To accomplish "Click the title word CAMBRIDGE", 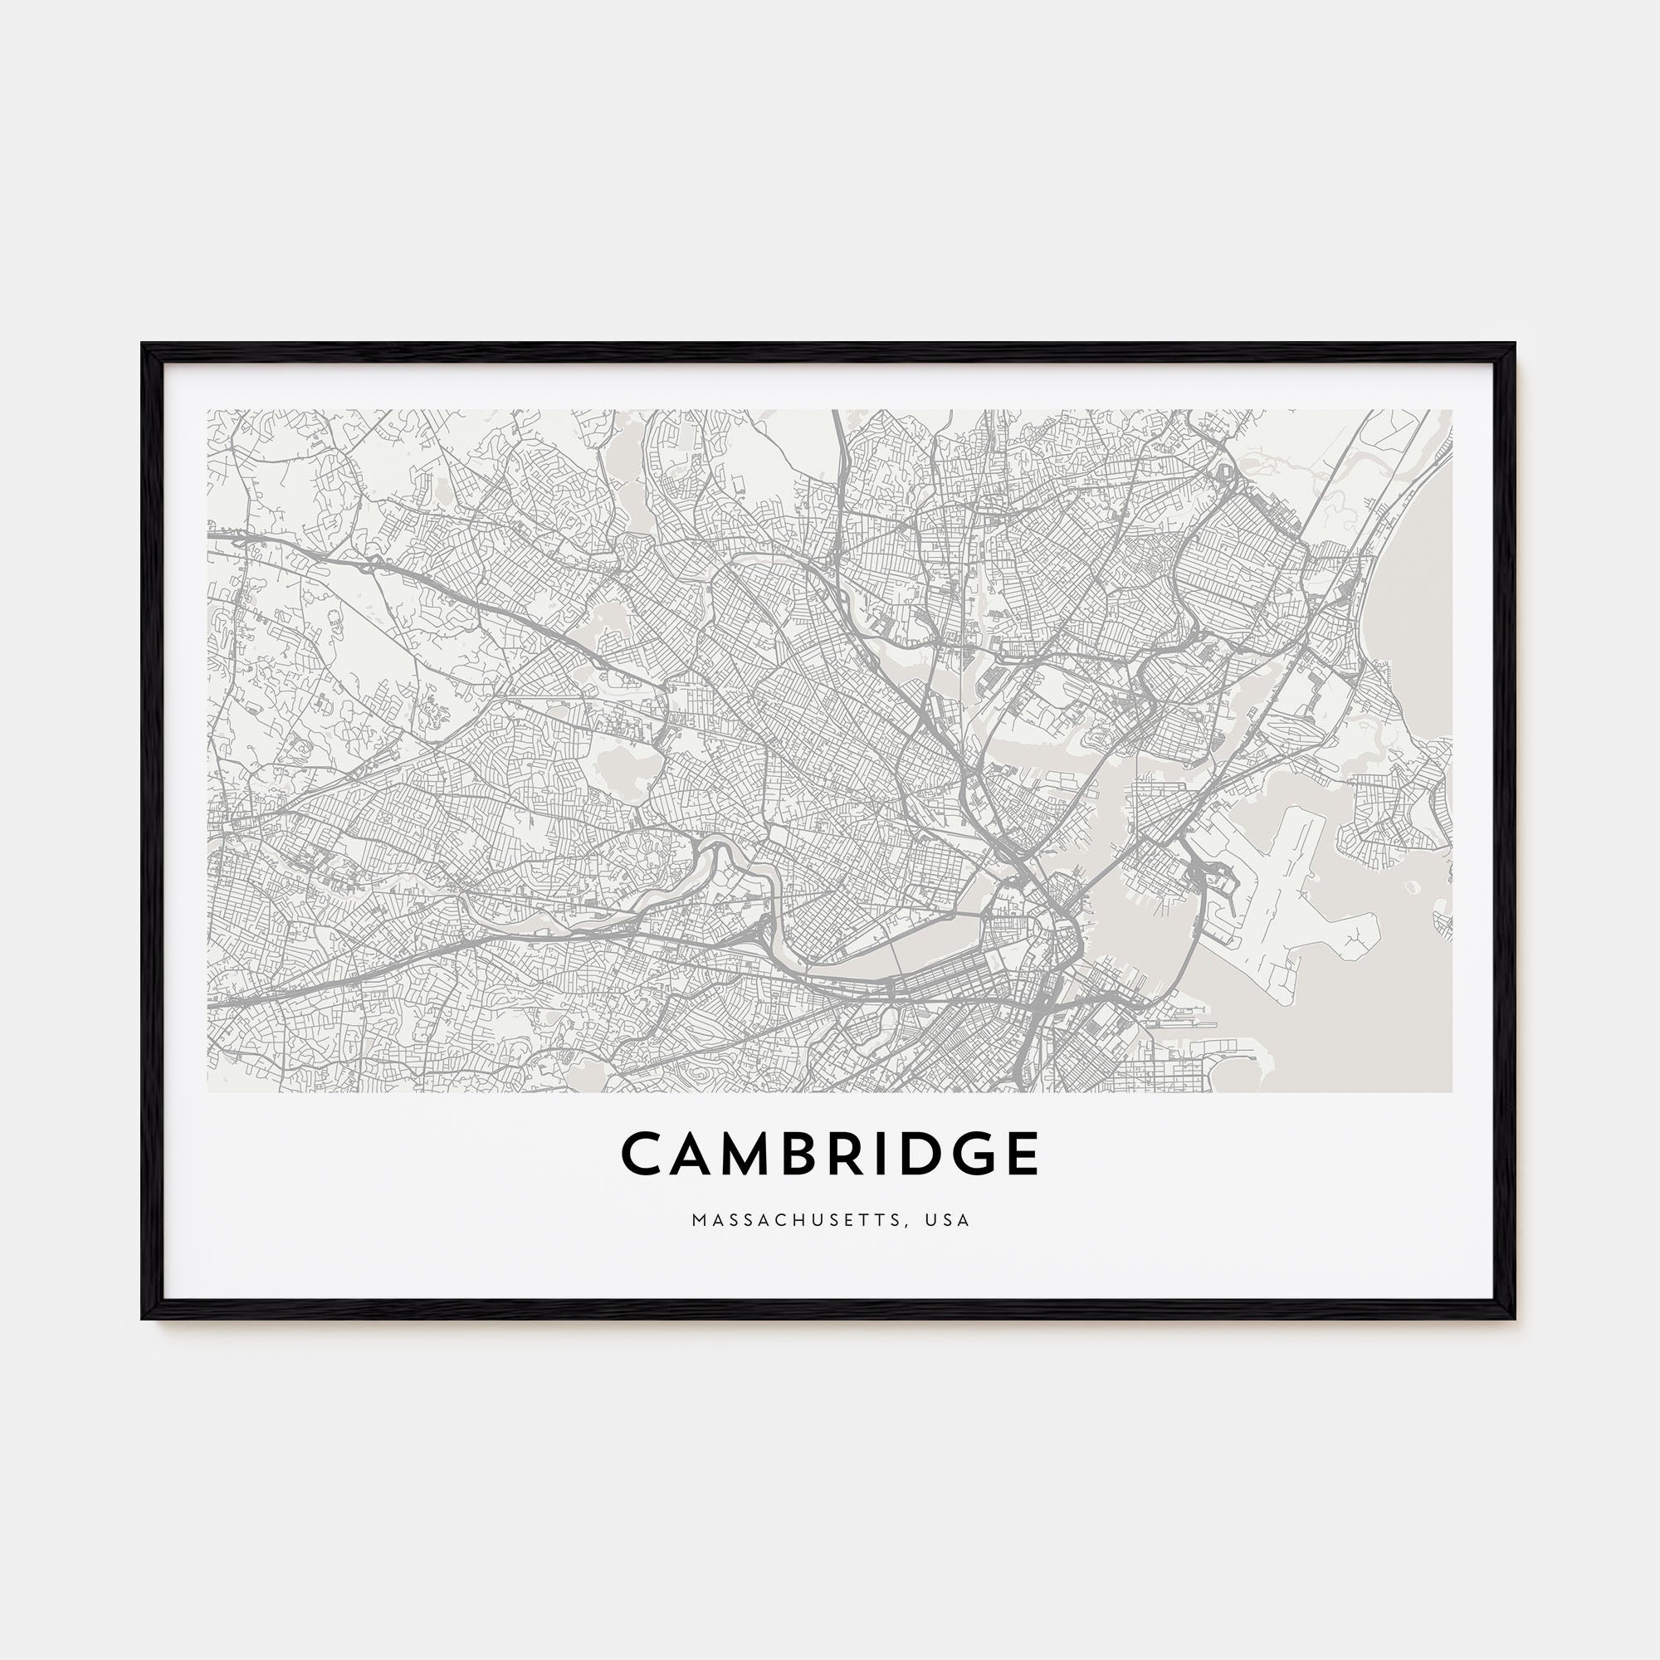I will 830,1154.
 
